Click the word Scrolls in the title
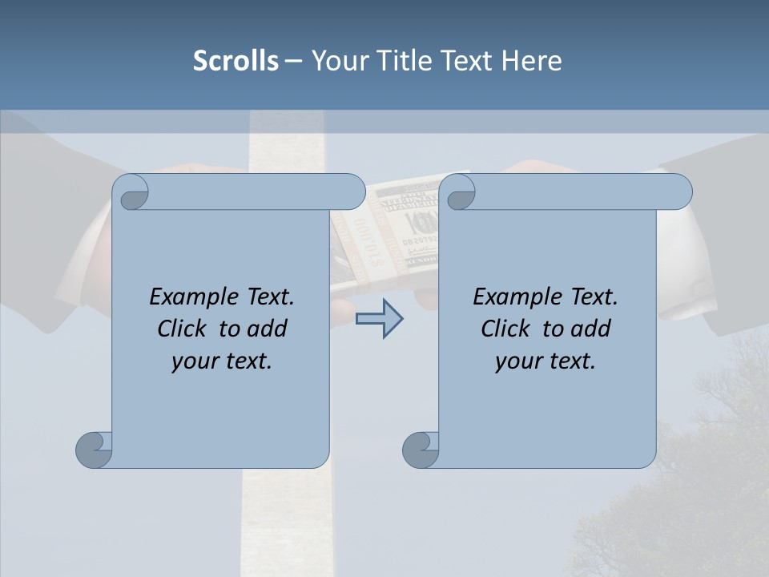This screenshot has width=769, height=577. (236, 61)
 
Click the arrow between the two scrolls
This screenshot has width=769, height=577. (380, 319)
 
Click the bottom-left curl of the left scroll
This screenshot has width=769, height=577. (94, 450)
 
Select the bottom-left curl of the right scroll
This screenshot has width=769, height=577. (421, 450)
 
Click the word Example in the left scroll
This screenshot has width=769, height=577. (190, 297)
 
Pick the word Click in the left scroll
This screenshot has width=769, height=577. (182, 329)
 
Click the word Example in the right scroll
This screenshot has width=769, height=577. (513, 297)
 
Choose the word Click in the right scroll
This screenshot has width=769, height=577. (505, 329)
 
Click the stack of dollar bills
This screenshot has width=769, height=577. (401, 232)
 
